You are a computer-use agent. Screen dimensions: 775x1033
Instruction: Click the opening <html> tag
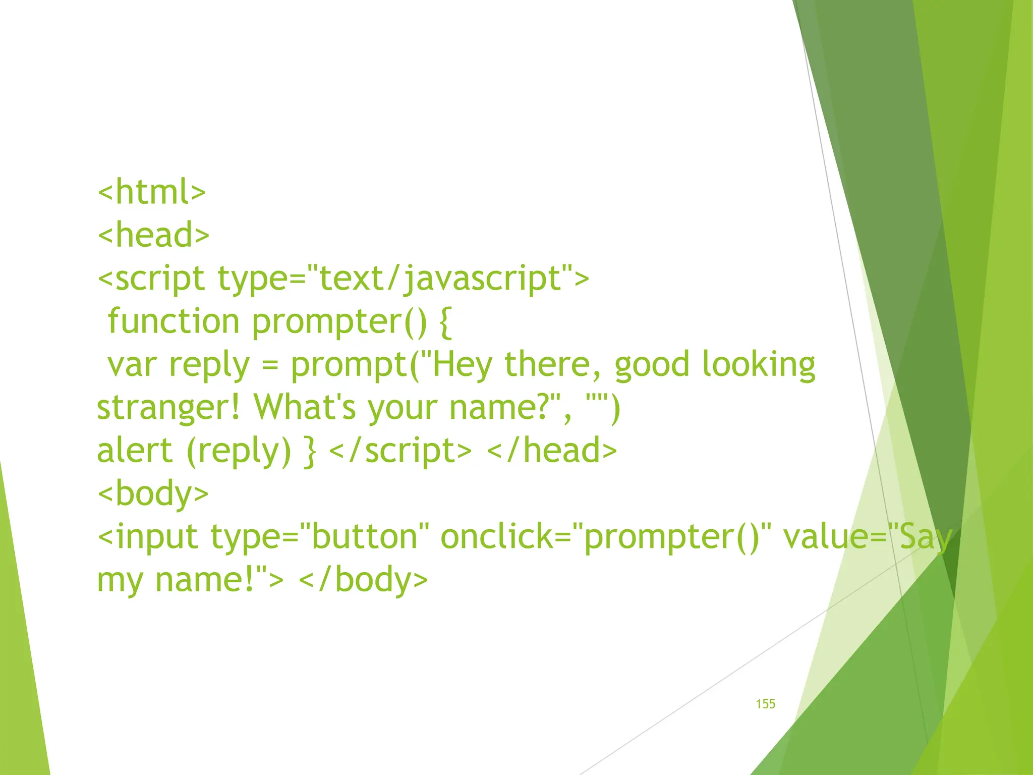[x=152, y=192]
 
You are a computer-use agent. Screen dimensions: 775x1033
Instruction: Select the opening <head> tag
[x=153, y=235]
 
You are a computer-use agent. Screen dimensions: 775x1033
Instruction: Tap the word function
[x=174, y=321]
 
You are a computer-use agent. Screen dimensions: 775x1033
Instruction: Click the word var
[x=132, y=365]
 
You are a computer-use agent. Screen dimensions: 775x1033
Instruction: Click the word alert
[x=135, y=451]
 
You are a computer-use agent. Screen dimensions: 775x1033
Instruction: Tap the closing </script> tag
[x=400, y=451]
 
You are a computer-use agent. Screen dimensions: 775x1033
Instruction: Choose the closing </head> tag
[x=552, y=451]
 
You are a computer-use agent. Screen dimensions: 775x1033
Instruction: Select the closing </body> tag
[x=363, y=580]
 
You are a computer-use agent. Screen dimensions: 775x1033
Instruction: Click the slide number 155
[x=765, y=704]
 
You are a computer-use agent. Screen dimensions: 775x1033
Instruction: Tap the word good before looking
[x=652, y=365]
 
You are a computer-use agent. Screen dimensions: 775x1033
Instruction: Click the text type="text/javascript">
[x=403, y=279]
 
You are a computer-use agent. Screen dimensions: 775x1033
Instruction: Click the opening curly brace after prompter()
[x=445, y=321]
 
